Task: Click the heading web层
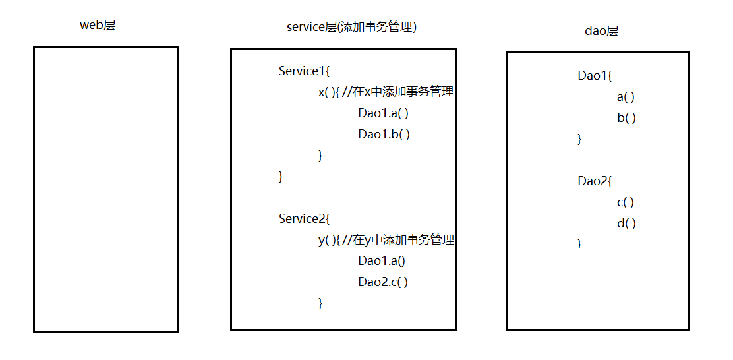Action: tap(98, 25)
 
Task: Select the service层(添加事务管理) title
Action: tap(351, 27)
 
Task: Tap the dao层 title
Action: tap(602, 32)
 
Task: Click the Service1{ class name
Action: tap(305, 71)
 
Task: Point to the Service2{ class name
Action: tap(305, 219)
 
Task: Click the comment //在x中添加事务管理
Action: tap(398, 92)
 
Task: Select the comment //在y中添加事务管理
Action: tap(398, 240)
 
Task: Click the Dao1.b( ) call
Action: tap(384, 135)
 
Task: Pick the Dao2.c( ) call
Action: tap(384, 282)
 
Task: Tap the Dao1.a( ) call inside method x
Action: tap(384, 113)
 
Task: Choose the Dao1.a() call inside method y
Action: tap(382, 261)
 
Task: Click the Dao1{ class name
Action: tap(595, 75)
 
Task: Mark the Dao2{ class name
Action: tap(595, 181)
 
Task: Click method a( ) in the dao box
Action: tap(626, 97)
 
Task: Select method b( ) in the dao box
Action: tap(626, 118)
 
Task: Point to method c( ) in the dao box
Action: tap(626, 203)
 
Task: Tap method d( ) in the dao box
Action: tap(626, 224)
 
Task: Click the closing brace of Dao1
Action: tap(579, 139)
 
